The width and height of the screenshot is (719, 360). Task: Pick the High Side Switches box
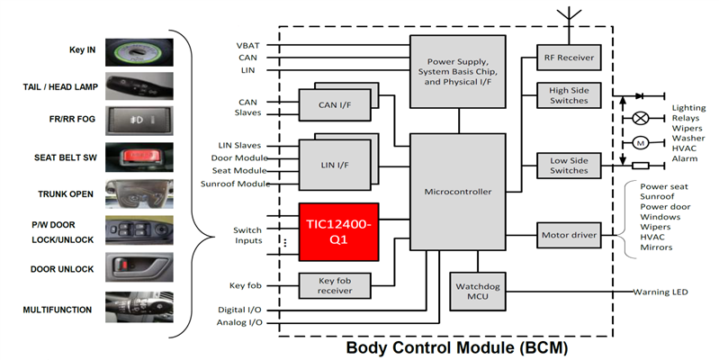click(x=568, y=95)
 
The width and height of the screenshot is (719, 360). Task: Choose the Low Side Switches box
click(x=568, y=165)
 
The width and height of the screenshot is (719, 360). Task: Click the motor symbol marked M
click(x=641, y=142)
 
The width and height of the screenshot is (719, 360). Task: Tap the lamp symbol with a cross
click(x=641, y=117)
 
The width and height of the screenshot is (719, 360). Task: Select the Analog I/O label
click(x=241, y=321)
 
